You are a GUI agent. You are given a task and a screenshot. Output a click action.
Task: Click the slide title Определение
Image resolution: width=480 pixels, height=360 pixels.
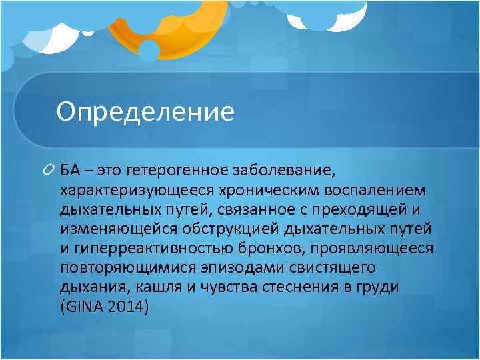(145, 111)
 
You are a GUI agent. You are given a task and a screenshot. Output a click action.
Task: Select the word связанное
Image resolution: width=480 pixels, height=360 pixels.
(257, 211)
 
